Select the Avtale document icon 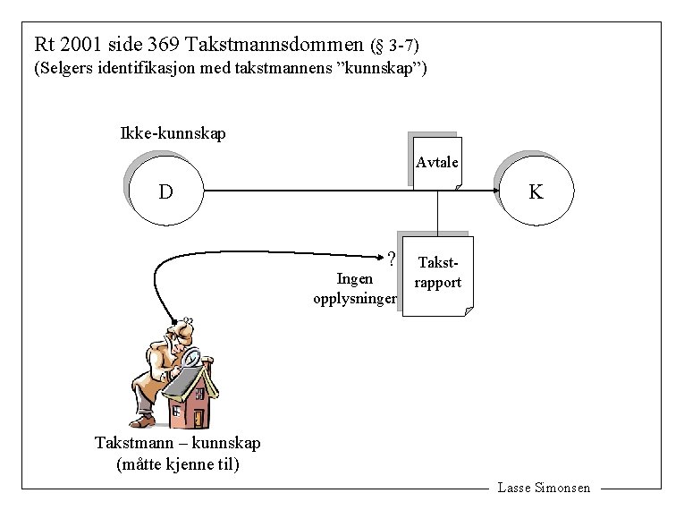click(438, 163)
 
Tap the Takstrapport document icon click(439, 275)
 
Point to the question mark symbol click(392, 259)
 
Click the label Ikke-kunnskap click(173, 134)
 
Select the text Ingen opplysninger click(355, 288)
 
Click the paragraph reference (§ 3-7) click(394, 45)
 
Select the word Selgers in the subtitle click(63, 69)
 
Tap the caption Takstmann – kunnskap click(178, 443)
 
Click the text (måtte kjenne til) click(178, 464)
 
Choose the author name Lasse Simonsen click(544, 488)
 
